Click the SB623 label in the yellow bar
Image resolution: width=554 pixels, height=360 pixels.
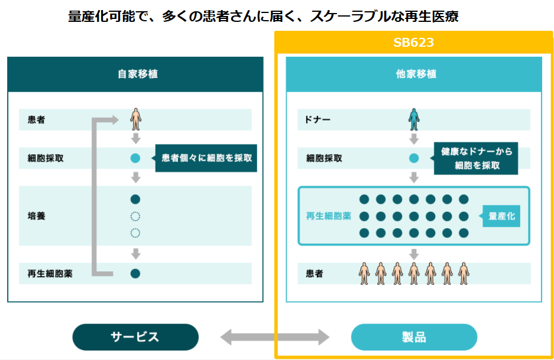point(414,43)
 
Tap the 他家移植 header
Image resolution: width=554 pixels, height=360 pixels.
point(414,74)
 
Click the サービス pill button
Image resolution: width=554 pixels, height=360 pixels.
point(135,337)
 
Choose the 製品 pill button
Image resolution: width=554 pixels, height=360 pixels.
point(414,337)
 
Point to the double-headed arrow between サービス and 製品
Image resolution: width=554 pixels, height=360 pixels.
point(275,338)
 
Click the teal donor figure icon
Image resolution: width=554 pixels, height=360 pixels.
point(414,119)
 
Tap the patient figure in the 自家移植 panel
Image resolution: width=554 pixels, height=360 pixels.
point(136,119)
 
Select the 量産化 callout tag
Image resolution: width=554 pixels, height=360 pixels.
point(502,216)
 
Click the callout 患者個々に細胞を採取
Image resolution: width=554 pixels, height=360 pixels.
point(206,158)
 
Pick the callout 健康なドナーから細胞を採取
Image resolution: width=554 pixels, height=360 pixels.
point(477,158)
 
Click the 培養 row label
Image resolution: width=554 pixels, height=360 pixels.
point(36,216)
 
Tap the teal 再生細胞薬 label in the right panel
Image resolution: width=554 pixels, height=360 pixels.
point(328,216)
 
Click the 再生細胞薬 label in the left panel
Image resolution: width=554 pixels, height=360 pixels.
point(50,273)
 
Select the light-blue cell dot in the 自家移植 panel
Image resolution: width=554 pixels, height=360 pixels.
point(135,158)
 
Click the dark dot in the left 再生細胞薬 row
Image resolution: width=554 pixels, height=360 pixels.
point(135,273)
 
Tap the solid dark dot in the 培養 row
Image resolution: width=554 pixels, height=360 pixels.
point(135,199)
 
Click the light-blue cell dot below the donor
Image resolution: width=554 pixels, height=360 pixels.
point(414,158)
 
